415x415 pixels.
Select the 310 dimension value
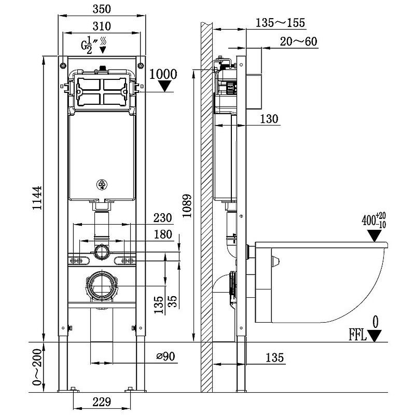102,26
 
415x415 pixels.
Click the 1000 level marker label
163,74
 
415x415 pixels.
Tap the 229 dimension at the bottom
101,402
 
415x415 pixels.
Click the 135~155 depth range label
280,23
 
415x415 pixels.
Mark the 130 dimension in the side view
269,119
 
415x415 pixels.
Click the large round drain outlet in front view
102,285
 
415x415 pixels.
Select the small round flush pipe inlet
102,253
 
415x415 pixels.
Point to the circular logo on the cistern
102,184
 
